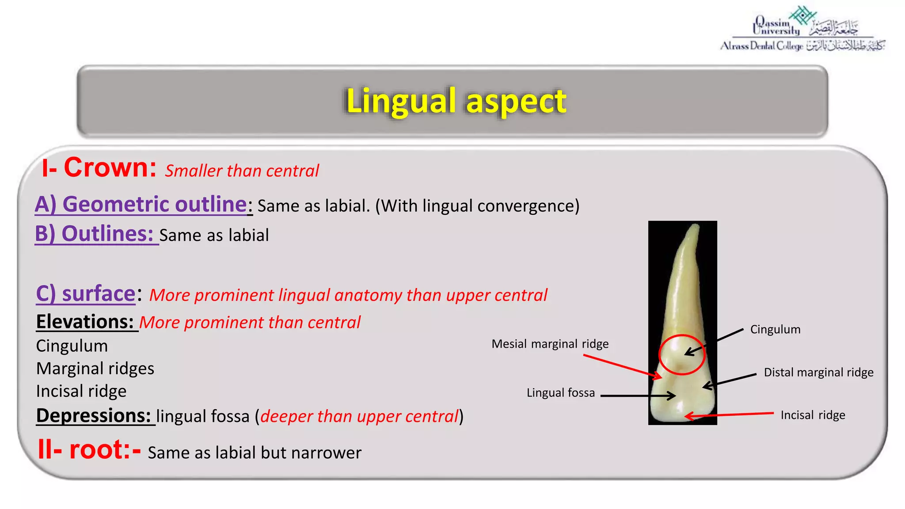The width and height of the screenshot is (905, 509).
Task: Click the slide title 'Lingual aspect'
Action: point(456,101)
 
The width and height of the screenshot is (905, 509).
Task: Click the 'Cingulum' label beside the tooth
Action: point(775,330)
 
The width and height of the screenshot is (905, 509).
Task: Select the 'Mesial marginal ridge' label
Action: point(550,344)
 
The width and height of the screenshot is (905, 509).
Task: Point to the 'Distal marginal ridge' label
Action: point(818,372)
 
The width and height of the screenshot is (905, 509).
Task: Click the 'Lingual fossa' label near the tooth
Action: point(560,393)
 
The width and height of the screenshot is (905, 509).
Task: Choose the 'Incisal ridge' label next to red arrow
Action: point(812,415)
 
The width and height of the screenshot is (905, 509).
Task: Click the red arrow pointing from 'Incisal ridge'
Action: point(729,415)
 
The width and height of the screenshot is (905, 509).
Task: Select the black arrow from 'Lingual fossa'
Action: point(636,395)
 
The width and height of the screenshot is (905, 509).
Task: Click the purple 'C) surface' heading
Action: point(86,294)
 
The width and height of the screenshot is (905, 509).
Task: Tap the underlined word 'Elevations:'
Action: point(85,322)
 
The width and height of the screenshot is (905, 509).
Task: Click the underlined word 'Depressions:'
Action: point(94,416)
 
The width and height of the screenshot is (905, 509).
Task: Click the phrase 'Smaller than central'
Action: point(242,171)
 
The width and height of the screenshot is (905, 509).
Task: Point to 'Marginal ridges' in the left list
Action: point(95,368)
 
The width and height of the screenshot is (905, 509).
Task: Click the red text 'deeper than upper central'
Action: point(359,417)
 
